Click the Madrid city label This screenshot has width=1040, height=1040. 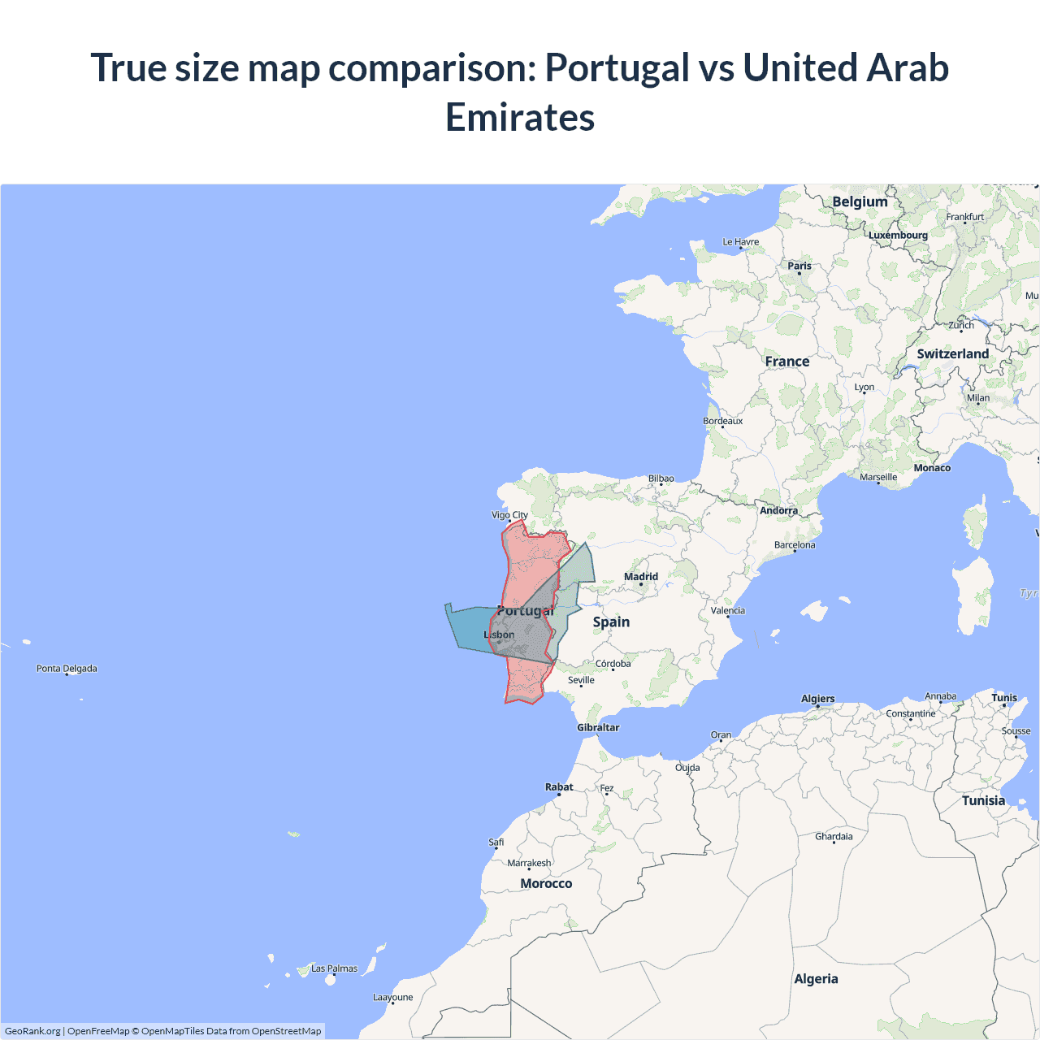pos(641,577)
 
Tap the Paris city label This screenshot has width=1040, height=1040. pos(799,266)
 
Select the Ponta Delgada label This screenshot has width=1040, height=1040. pos(67,669)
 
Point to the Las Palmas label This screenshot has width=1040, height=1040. pos(334,968)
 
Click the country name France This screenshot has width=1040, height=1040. pos(786,362)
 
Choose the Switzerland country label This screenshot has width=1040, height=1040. pos(952,354)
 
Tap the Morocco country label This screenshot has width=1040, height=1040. pos(546,884)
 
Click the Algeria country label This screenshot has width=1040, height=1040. pos(816,979)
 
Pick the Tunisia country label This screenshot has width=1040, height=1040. pos(983,801)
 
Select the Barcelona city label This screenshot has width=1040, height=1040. pos(795,545)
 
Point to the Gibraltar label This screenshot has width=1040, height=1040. pos(598,728)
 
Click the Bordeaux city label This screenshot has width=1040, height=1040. pos(722,421)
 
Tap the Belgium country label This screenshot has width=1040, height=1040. pos(860,202)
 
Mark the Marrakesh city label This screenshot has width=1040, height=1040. pos(529,863)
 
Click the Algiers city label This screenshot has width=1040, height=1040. pos(817,699)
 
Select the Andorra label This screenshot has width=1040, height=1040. pos(778,511)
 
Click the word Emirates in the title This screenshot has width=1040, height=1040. pos(520,117)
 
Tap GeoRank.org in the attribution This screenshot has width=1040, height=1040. pos(32,1031)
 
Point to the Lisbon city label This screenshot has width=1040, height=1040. pos(499,635)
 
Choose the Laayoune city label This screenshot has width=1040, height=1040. pos(392,998)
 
